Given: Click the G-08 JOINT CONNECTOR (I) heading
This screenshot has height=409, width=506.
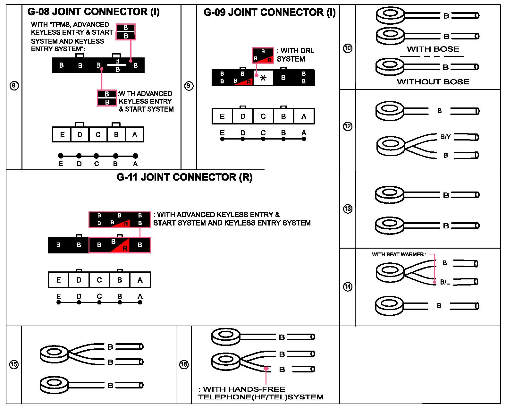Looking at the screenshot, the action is pos(93,12).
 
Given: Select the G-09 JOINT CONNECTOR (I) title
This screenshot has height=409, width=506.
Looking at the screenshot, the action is pos(270,13).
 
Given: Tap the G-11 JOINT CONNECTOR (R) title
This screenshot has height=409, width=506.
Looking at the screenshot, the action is pos(184,177).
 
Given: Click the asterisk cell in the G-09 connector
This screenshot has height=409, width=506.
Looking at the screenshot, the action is pos(263,78).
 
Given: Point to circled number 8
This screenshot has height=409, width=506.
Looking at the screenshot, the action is pos(14,86).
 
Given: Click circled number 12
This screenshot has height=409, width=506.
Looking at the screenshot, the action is pos(348,126).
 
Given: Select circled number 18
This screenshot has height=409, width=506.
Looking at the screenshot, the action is pos(184,364).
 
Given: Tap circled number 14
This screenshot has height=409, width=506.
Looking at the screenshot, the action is pos(348,286).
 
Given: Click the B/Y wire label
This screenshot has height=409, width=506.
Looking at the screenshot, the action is pos(445,137).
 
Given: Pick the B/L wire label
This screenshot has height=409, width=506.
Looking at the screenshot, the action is pos(445,282).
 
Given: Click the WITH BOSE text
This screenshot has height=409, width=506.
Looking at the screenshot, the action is pos(433,49).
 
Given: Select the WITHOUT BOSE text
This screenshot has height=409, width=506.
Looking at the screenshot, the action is pos(433,82).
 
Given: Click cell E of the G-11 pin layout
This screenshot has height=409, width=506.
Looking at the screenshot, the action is pos(58,280).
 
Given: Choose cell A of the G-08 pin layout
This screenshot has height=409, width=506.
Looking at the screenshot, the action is pos(135,134).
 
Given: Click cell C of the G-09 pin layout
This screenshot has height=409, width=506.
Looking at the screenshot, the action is pos(263,116).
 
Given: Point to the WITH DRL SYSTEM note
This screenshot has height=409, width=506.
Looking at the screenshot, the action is pos(296,55).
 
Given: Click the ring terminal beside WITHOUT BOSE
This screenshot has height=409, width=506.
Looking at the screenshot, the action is pos(390,67).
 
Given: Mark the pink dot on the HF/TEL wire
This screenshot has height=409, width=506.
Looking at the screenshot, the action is pos(266,369).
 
